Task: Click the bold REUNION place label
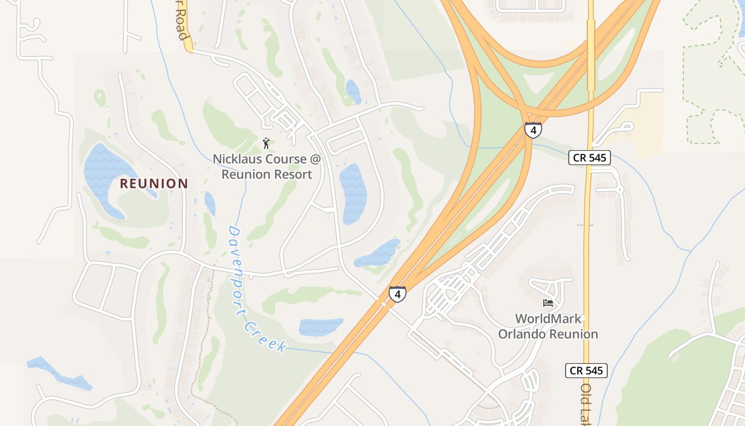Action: [x=154, y=184]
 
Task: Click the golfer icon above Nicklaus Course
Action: [x=266, y=143]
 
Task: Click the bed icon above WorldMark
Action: [x=548, y=303]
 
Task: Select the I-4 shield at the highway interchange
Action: [x=533, y=130]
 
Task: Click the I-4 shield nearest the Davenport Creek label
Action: [x=397, y=294]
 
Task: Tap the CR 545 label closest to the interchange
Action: [x=589, y=158]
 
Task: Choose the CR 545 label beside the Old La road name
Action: [x=586, y=371]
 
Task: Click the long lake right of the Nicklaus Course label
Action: [x=353, y=193]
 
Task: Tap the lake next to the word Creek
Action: [x=320, y=326]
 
